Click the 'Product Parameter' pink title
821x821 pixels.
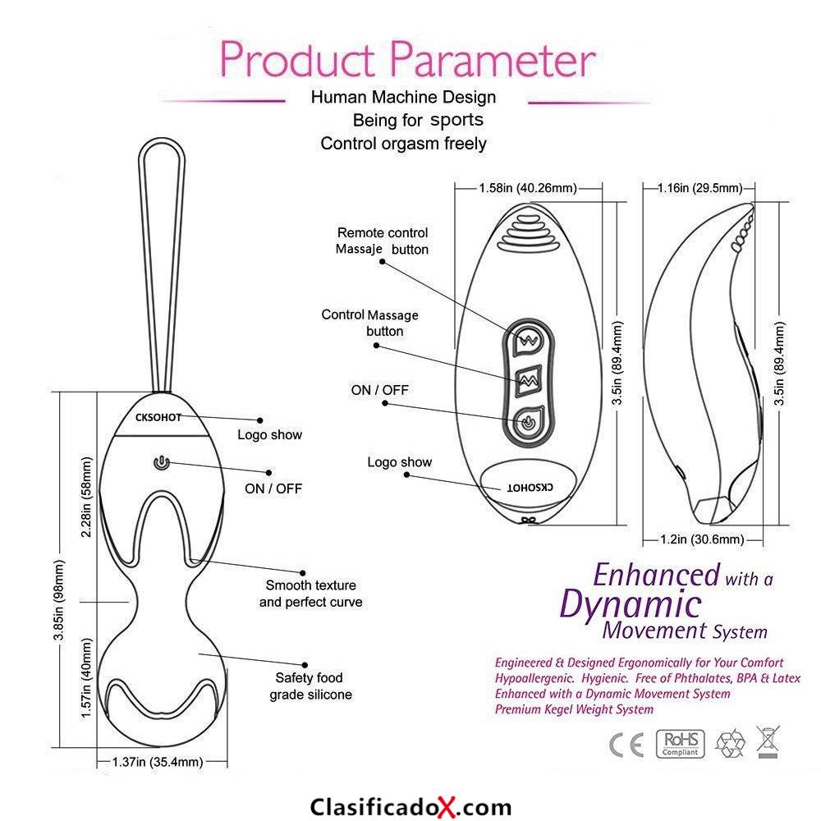tap(407, 59)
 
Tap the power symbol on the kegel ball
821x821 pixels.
tap(162, 463)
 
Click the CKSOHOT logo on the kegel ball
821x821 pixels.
tap(158, 417)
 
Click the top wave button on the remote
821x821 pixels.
tap(528, 341)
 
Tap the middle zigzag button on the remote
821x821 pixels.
tap(528, 381)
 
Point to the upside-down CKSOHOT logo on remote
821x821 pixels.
tap(530, 488)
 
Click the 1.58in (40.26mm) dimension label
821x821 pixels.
tap(528, 187)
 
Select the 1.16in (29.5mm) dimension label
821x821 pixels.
tap(699, 187)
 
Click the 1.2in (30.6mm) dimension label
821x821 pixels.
tap(702, 539)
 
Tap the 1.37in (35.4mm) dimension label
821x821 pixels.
tap(158, 761)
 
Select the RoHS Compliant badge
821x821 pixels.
tap(680, 744)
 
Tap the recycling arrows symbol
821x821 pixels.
tap(730, 742)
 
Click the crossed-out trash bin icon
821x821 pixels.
tap(768, 741)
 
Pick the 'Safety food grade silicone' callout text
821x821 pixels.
tap(310, 686)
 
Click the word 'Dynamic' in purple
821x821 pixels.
tap(631, 604)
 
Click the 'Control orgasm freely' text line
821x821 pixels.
tap(404, 143)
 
